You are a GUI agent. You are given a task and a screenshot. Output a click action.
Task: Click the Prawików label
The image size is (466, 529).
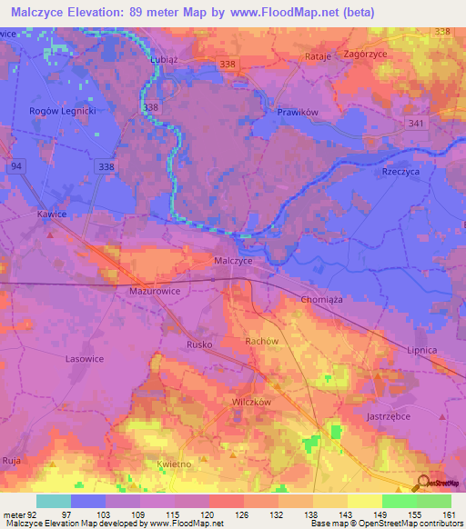pyautogui.click(x=295, y=113)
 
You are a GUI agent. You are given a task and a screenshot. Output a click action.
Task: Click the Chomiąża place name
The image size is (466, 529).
pyautogui.click(x=320, y=300)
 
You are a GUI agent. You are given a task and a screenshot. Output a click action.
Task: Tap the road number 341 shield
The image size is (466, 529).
pyautogui.click(x=417, y=124)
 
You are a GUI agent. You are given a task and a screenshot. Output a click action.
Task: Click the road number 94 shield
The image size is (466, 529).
pyautogui.click(x=17, y=166)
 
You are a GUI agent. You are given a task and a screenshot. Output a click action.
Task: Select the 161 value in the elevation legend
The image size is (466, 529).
pyautogui.click(x=448, y=515)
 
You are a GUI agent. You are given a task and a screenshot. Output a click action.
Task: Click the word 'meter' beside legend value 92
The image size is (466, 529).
pyautogui.click(x=15, y=515)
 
